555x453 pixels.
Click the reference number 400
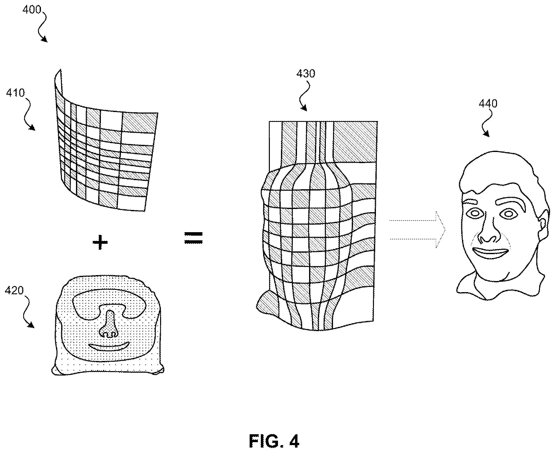[x=32, y=10]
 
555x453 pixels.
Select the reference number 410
[x=15, y=93]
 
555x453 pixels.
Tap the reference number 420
[x=14, y=290]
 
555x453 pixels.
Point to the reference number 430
[x=306, y=74]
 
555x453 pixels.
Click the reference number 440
[x=488, y=104]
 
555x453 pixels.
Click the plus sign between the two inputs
[x=100, y=242]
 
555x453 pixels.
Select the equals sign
[x=194, y=238]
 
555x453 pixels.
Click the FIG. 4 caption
[x=274, y=441]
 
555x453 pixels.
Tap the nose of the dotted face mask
[x=109, y=324]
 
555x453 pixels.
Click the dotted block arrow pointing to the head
[x=417, y=230]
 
